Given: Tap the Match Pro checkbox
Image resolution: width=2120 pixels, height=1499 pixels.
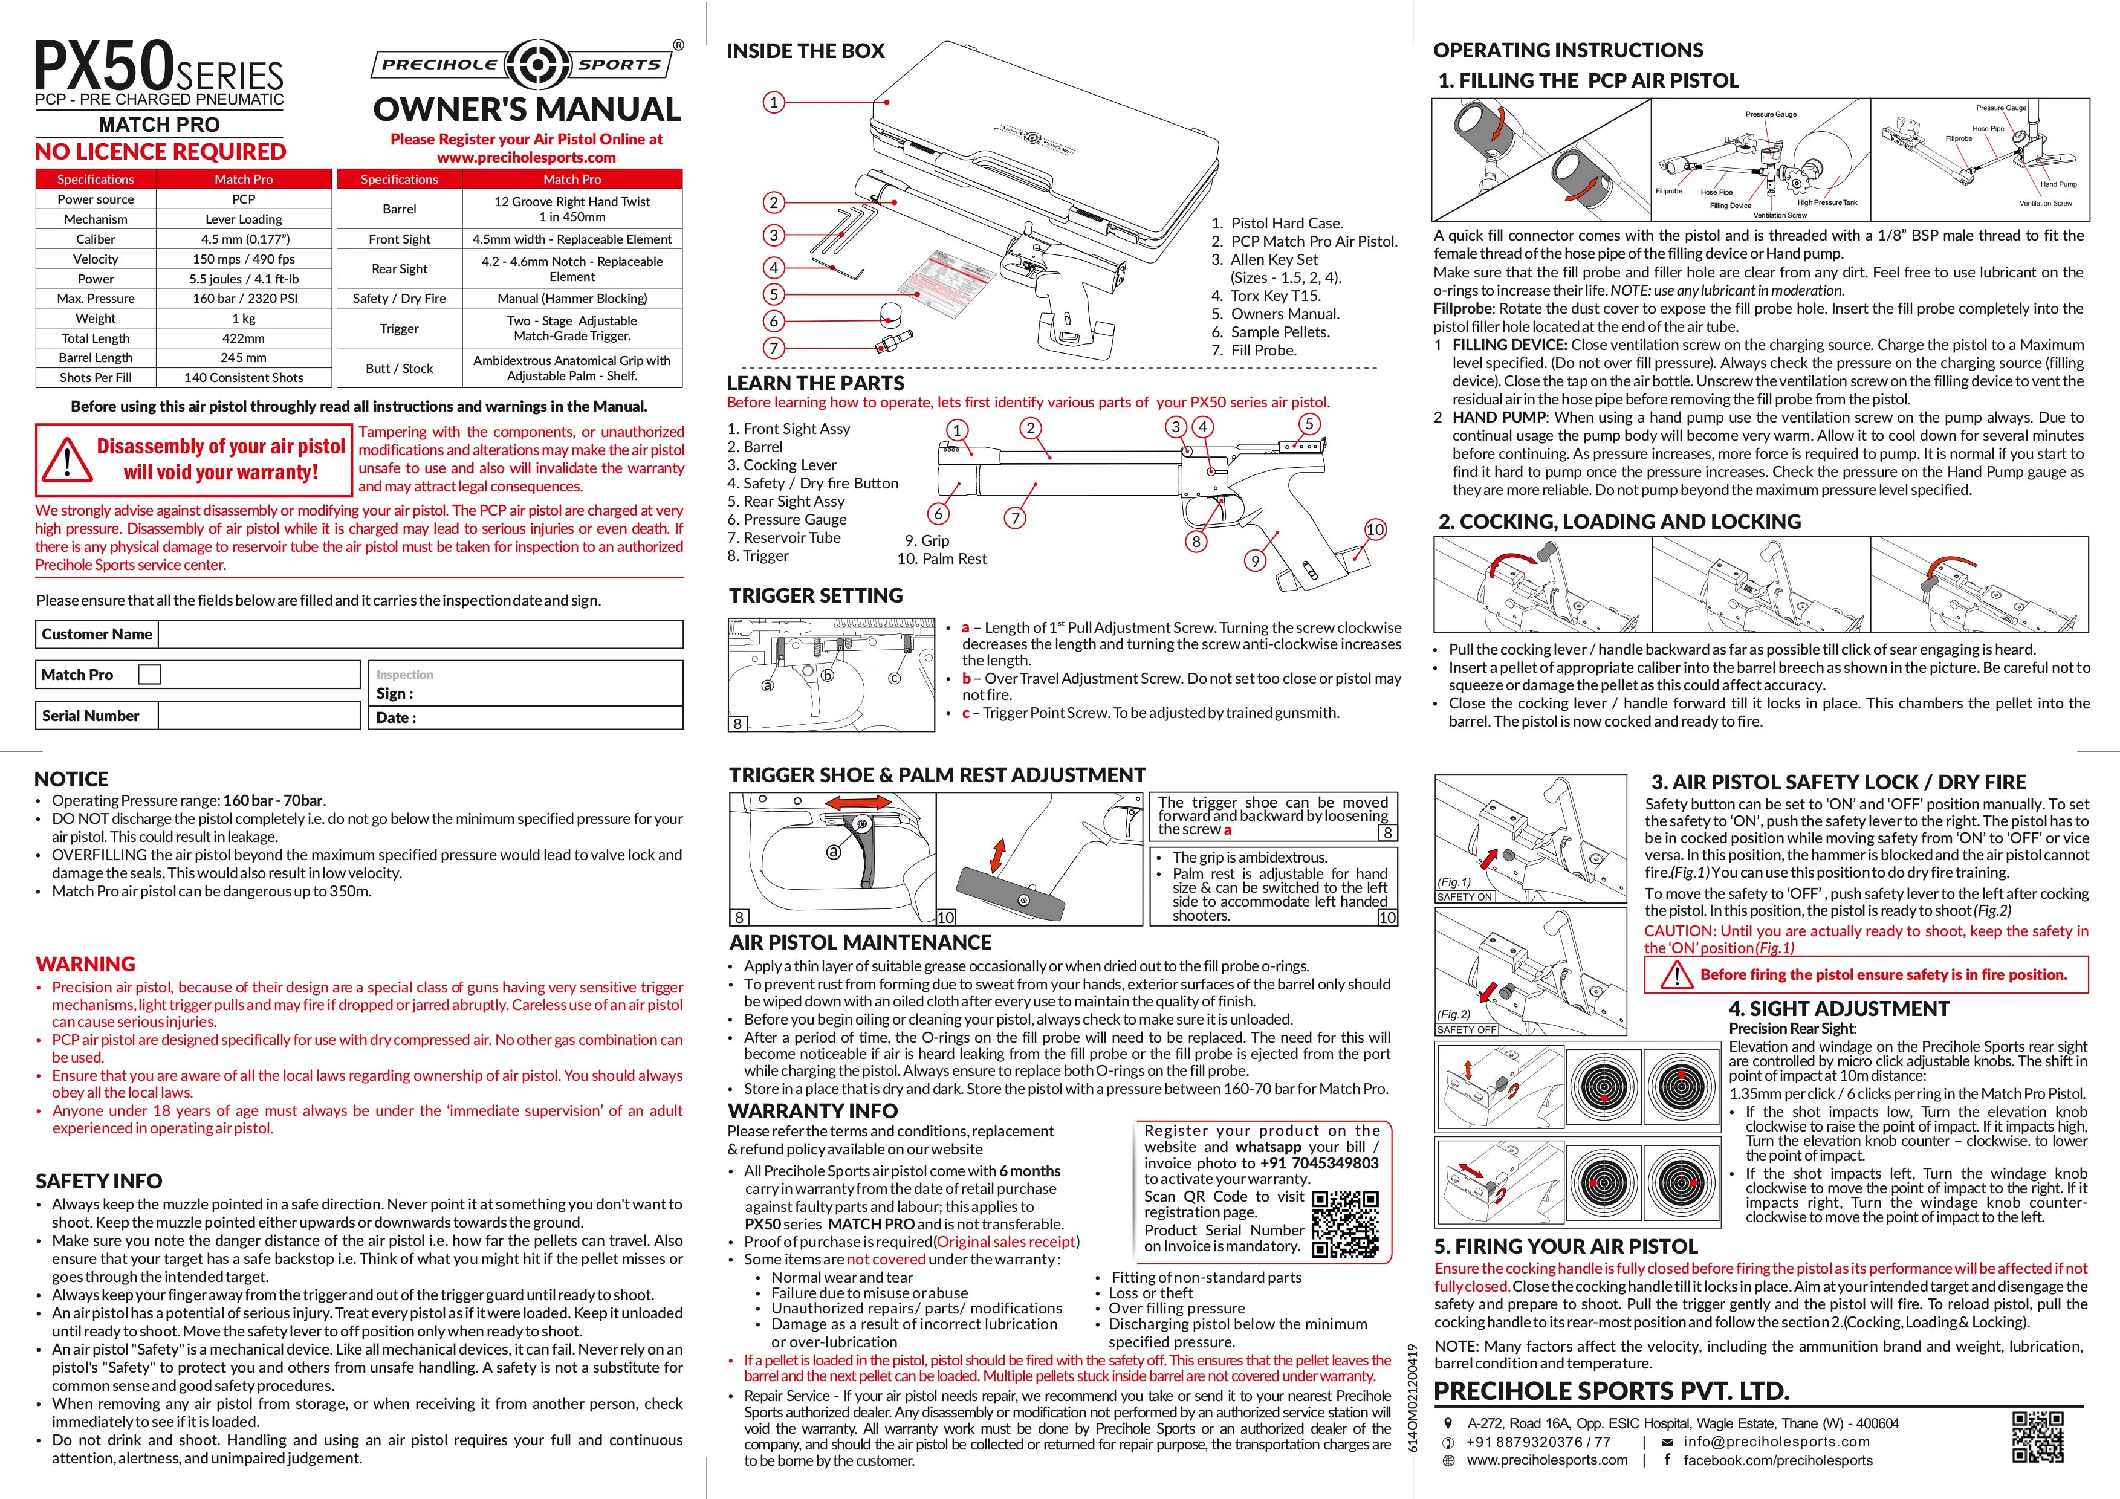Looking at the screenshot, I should pos(149,675).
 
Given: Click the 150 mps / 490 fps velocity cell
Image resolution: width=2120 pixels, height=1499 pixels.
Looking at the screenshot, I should pos(244,259).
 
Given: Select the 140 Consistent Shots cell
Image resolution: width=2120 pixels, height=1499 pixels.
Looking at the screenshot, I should pos(244,378).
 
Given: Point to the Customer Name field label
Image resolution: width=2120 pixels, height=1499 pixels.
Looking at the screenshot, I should pos(97,634).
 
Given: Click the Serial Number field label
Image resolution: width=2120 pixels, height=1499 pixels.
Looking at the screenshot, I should pos(91,715).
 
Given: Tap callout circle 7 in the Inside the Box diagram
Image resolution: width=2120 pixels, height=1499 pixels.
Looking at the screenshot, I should pos(774,348).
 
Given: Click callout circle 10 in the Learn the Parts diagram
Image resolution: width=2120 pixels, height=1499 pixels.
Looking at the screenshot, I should pos(1375,529).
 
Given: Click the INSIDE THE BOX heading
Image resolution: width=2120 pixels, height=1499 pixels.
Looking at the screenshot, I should pos(805,51).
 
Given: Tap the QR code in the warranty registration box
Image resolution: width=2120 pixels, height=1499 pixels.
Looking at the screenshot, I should pos(1345,1224).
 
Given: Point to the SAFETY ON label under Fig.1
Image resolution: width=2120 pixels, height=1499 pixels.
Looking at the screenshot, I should pos(1465,896).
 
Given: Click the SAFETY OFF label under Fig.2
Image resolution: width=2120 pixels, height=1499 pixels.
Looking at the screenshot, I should pos(1467,1029).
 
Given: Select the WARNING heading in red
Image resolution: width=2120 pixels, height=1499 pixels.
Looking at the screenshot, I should pos(85,963).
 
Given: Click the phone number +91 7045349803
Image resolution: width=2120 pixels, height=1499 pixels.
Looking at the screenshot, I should pos(1320,1163).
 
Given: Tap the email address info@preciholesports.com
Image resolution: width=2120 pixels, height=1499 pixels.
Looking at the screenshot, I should pos(1777,1441).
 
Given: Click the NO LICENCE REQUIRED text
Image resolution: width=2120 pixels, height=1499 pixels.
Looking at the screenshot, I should pos(161,151).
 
